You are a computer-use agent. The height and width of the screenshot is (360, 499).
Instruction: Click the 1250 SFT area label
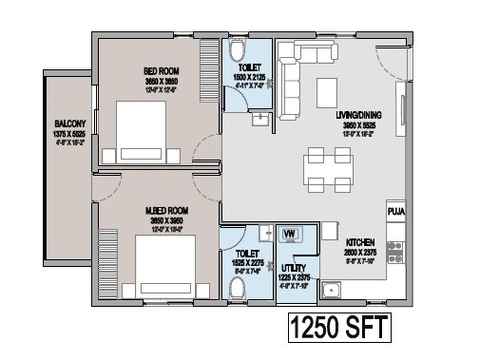point(339,330)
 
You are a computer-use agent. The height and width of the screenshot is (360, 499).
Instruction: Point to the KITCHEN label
point(364,242)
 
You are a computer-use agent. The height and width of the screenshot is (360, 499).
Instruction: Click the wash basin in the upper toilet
point(259,121)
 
